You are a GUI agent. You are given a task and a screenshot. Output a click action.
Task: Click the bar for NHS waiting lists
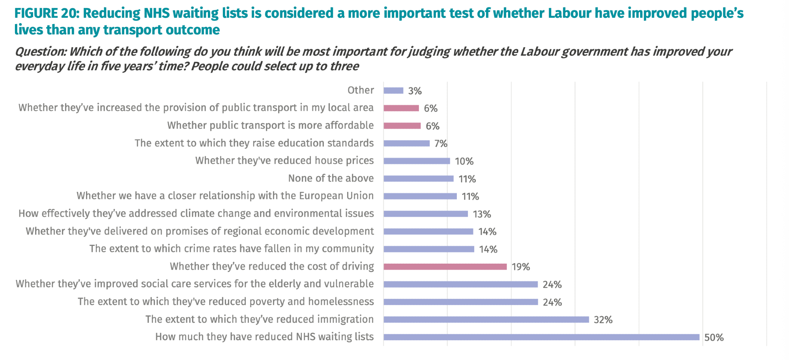(x=541, y=337)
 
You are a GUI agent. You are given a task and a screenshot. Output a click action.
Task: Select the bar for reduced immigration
(x=486, y=319)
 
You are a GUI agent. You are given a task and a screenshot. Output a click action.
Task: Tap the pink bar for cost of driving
(x=445, y=267)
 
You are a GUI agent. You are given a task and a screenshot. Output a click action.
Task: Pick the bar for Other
(x=393, y=91)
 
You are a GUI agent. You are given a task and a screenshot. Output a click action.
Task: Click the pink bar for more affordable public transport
(x=402, y=126)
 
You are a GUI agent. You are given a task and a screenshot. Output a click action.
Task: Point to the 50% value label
(x=714, y=337)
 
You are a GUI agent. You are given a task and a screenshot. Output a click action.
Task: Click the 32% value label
(x=603, y=320)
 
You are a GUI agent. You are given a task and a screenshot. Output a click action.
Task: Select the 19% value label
(x=521, y=267)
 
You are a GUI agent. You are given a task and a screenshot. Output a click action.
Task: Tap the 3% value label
(x=415, y=91)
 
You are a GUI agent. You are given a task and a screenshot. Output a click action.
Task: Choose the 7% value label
(x=441, y=144)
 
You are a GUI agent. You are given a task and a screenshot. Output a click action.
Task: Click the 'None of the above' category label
(x=331, y=178)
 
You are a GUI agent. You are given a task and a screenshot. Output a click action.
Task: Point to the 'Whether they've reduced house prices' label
(x=284, y=161)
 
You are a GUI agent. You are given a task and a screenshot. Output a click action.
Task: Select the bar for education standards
(x=406, y=143)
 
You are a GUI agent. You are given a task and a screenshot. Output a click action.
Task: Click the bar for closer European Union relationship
(x=420, y=196)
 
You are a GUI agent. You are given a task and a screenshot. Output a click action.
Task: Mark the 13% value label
(x=482, y=214)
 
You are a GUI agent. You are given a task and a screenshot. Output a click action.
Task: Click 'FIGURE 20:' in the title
(x=47, y=13)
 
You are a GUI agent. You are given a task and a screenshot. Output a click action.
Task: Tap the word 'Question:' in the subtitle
(x=41, y=52)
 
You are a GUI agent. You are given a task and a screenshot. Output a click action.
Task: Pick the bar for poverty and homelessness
(x=460, y=302)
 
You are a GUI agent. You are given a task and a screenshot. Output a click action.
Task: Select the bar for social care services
(x=460, y=284)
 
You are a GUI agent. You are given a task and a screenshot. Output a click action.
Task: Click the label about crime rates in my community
(x=232, y=249)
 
